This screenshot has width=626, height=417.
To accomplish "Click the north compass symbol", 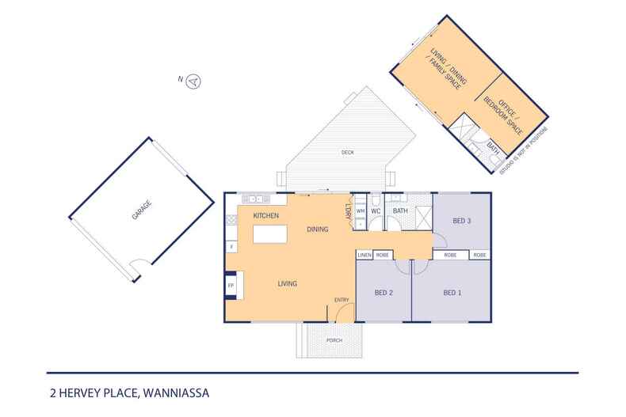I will (x=193, y=79).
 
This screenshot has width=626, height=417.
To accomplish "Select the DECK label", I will (x=347, y=152).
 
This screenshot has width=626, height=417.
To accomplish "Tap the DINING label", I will (x=318, y=229).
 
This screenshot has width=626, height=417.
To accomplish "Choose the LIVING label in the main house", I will (x=287, y=283).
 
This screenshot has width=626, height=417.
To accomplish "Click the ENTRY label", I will (x=342, y=299).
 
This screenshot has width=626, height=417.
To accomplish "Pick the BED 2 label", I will (x=384, y=293).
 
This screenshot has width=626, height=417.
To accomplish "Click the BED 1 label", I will (x=451, y=293).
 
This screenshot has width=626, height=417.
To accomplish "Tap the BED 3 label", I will (x=463, y=222).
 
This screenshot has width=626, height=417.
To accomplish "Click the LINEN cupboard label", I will (x=365, y=256).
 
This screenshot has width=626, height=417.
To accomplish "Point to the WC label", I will (x=377, y=211).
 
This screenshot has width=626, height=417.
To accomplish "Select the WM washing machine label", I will (x=361, y=211).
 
